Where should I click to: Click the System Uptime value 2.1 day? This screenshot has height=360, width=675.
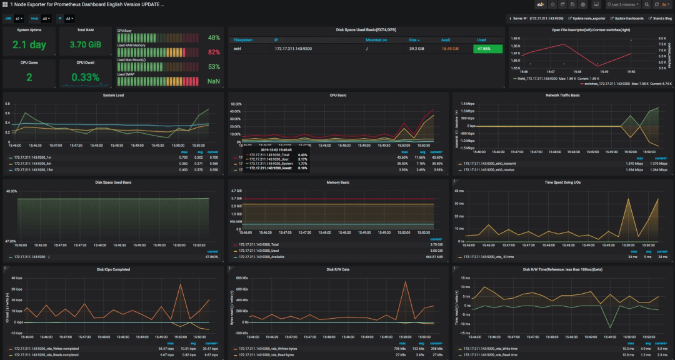pos(29,45)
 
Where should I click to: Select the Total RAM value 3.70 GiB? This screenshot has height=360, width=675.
pos(85,45)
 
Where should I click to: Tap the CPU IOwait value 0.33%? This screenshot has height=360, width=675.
pos(85,77)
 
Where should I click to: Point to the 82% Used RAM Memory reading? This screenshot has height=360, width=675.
pos(214,52)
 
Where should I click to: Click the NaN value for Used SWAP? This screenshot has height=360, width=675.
pos(214,81)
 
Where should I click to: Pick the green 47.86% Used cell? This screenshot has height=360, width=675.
pos(487,48)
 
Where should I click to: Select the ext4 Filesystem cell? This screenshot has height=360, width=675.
pos(238,48)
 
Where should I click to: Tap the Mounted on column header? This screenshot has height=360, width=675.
pos(376,39)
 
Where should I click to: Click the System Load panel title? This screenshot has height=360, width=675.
pos(112,95)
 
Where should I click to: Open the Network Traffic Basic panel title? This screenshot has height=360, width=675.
pos(563,95)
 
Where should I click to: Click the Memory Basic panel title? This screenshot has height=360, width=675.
pos(337,182)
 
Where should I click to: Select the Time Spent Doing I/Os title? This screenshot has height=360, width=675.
pos(563,182)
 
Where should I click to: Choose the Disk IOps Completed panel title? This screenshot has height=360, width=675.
pos(112,269)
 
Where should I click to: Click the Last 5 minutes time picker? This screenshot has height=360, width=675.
pos(622,4)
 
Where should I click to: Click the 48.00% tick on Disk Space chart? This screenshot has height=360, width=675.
pos(12,191)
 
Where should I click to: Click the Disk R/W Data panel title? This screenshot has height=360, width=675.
pos(337,269)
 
